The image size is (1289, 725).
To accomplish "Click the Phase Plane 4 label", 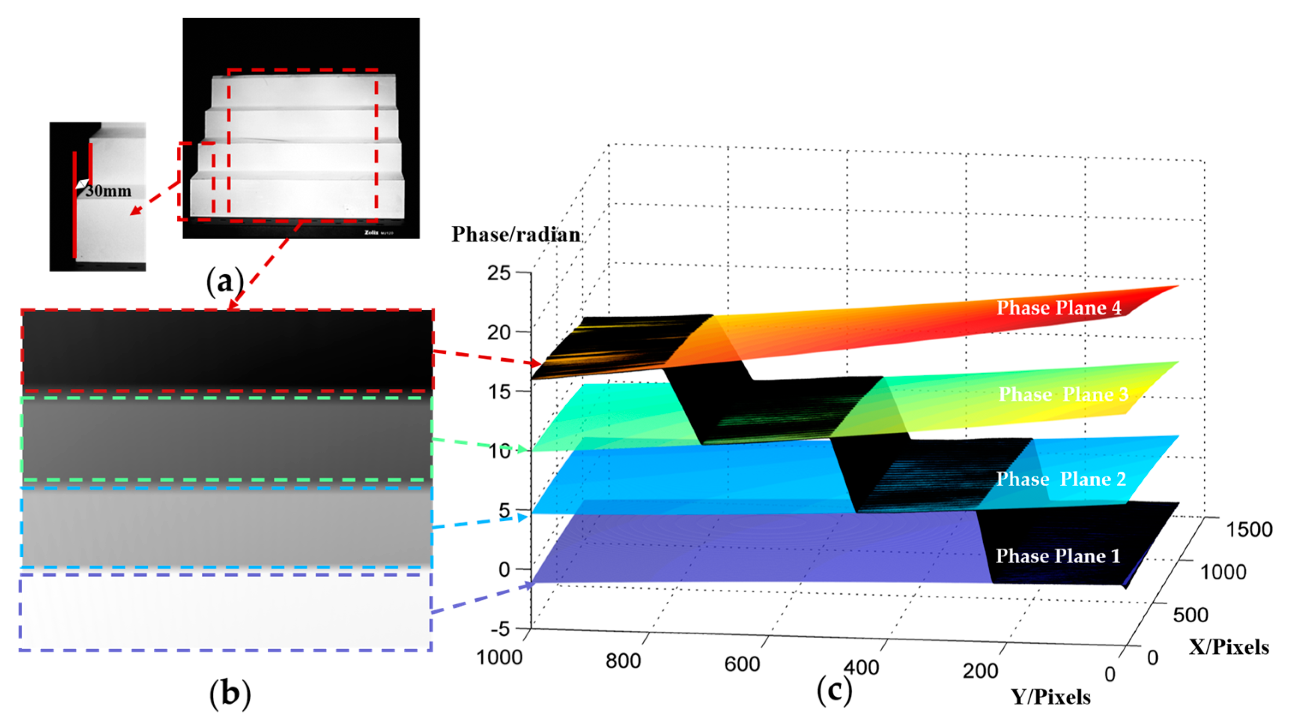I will point(1058,307).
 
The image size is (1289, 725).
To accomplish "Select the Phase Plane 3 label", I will point(1063,395).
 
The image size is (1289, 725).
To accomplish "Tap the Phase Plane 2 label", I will point(1061,479).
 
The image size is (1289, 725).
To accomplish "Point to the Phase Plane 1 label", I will point(1058,556).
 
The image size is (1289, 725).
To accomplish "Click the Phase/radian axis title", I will point(516,235).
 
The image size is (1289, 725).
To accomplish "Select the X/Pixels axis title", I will point(1229,647).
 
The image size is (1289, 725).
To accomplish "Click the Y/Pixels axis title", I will point(1051,696).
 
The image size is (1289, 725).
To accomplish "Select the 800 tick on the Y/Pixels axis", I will point(623,661).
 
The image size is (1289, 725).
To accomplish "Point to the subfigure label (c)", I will point(834,692).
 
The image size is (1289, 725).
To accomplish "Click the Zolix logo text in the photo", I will point(371,232).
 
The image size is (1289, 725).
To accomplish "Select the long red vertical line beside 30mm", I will point(75,205).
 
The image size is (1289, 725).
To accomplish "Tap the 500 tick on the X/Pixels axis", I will point(1191,615).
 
